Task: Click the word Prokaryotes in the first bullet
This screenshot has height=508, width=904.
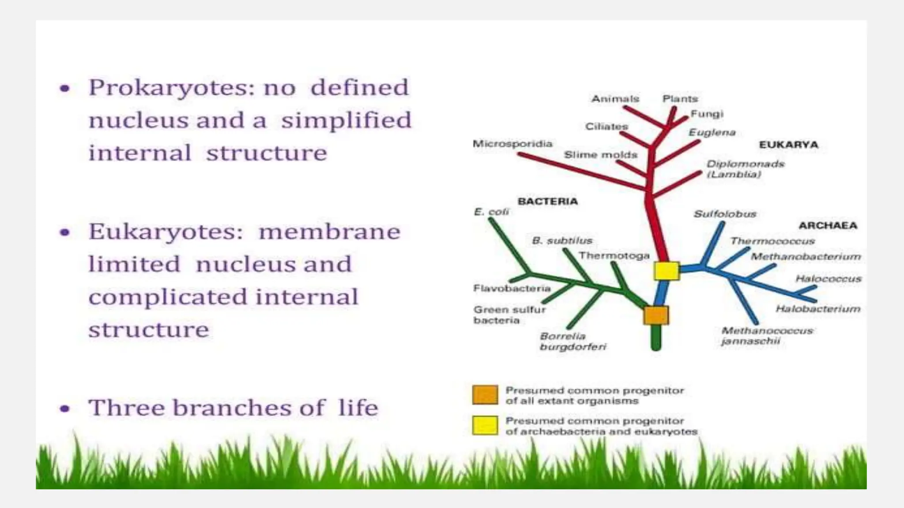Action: [172, 88]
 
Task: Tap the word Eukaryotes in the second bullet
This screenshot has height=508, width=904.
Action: [166, 232]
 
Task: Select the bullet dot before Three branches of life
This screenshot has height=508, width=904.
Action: [65, 409]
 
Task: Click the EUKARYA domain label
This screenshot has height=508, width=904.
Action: [788, 145]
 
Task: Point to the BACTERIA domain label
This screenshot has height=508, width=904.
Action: [547, 202]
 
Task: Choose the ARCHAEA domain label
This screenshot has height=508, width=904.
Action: [828, 226]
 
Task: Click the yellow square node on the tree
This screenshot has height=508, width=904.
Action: [666, 270]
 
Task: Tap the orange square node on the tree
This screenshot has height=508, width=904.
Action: [656, 316]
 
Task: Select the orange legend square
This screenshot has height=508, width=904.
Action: [485, 395]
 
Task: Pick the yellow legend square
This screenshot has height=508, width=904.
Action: [485, 426]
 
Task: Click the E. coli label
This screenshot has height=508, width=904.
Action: [491, 212]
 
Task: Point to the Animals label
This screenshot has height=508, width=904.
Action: [615, 99]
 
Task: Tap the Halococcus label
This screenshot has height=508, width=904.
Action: [828, 279]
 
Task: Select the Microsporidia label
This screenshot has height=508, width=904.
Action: [512, 144]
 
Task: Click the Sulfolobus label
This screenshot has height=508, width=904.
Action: [725, 214]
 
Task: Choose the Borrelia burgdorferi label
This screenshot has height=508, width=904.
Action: [573, 342]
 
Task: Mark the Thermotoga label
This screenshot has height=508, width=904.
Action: [614, 256]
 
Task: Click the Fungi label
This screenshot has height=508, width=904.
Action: [707, 114]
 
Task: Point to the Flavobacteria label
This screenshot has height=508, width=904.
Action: [512, 288]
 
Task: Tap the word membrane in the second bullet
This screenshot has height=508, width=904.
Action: [329, 232]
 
